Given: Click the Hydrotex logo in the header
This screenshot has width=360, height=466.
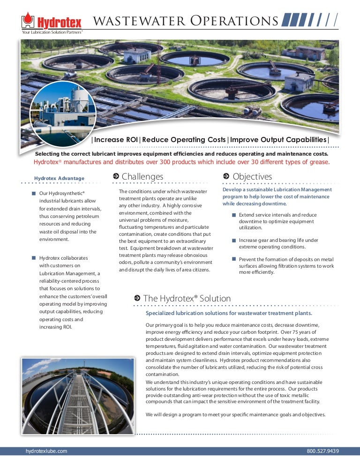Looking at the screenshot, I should coord(52,21).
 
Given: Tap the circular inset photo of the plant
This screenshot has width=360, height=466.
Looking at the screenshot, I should coord(63,114).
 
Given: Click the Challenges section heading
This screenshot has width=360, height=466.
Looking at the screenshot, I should coord(142,176).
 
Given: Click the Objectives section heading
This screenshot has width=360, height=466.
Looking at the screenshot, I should coord(252,176).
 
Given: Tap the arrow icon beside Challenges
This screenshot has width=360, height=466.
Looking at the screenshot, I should coord(116,176).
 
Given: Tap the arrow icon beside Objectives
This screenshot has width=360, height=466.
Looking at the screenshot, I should coord(226,176).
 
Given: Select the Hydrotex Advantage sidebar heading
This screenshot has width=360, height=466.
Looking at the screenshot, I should coord(59,178).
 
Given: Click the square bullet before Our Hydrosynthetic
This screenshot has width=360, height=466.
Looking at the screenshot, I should coord(34,193).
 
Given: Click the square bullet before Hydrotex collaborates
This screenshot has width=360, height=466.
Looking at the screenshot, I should coord(34,258).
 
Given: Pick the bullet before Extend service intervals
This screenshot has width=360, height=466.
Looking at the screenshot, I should coord(233,215).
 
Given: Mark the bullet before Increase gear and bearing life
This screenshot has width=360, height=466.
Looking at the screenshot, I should coord(233,240).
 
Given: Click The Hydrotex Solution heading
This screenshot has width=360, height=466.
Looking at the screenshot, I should coord(187,298).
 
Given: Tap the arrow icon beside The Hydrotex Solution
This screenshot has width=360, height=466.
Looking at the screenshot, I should coord(137,298).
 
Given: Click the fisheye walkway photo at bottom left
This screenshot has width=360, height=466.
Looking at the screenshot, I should coord(77,396).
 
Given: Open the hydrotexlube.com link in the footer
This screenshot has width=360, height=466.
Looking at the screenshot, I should coord(46,451).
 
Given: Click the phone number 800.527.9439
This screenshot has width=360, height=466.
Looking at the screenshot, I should coord(322,451).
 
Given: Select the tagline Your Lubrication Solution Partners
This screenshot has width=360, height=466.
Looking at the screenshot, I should coord(52,32).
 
